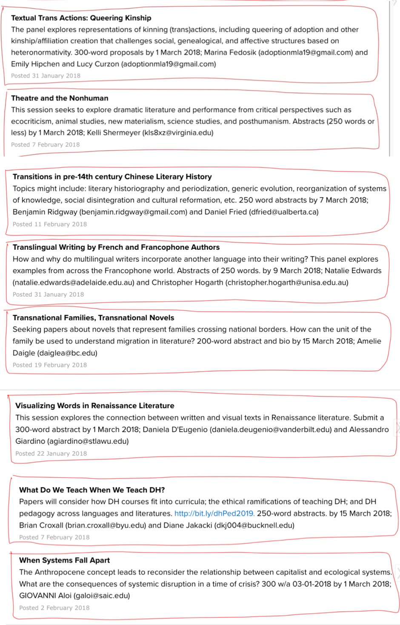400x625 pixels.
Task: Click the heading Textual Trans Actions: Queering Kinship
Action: (x=81, y=18)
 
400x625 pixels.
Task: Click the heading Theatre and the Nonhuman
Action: (x=60, y=98)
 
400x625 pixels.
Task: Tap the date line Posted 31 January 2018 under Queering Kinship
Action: (x=46, y=76)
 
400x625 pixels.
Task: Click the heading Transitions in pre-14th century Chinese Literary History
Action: (x=112, y=177)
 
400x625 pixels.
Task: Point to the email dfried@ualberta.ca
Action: (x=284, y=212)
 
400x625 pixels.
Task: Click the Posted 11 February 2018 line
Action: (x=49, y=224)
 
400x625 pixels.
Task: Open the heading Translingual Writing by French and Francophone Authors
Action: (x=116, y=247)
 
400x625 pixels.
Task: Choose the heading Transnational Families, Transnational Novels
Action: (x=93, y=318)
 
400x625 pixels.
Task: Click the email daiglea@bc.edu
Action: (x=67, y=353)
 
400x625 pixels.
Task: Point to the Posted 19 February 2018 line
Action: (x=49, y=365)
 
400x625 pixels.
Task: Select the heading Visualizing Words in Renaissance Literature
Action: (x=94, y=406)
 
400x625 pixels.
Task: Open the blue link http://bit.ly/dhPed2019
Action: (x=214, y=514)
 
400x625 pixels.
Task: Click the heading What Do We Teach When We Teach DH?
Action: (x=92, y=490)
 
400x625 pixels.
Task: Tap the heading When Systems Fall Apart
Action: (x=64, y=560)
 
